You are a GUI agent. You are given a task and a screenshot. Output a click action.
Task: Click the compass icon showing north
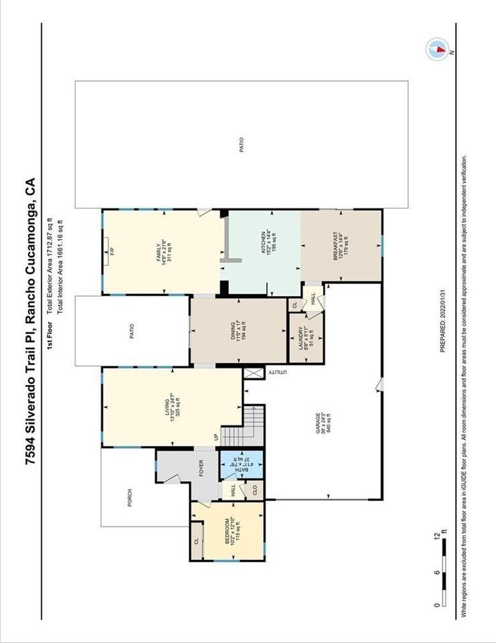(436, 48)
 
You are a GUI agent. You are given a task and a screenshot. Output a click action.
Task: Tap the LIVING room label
(172, 407)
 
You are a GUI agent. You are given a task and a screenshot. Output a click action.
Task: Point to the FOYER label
(200, 468)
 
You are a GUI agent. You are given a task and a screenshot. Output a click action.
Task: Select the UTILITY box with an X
(254, 373)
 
